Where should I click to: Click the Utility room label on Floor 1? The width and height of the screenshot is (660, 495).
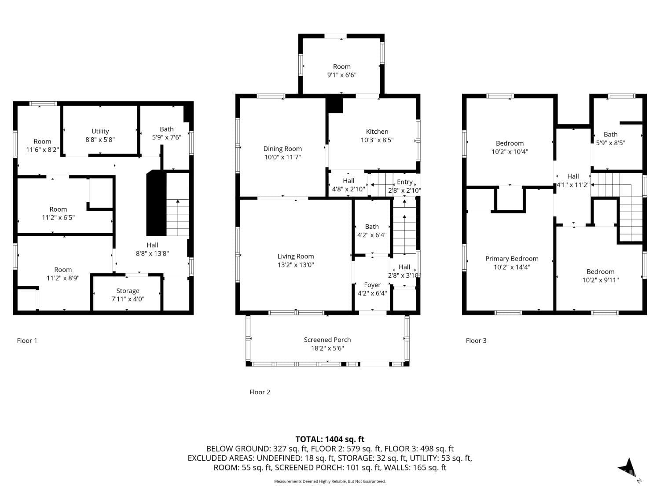[x=100, y=131]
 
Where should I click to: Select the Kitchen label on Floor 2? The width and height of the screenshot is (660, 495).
[x=377, y=132]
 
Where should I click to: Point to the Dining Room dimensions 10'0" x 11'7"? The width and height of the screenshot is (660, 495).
[x=282, y=157]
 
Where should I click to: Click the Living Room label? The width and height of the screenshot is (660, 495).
[x=295, y=256]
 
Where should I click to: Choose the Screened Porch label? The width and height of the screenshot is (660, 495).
[x=327, y=340]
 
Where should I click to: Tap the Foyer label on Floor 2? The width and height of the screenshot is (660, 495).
[x=372, y=285]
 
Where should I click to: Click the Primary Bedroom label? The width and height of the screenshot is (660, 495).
[x=512, y=259]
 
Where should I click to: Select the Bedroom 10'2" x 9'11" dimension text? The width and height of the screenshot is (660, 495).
[x=600, y=280]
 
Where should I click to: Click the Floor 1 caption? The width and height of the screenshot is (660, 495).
[x=27, y=341]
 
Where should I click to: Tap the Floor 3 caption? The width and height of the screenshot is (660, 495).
[x=476, y=341]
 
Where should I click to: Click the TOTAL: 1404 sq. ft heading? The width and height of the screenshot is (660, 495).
[x=330, y=439]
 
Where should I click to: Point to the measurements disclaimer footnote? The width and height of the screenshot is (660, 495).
[x=330, y=481]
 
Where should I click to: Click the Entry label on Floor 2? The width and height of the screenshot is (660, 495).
[x=404, y=182]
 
